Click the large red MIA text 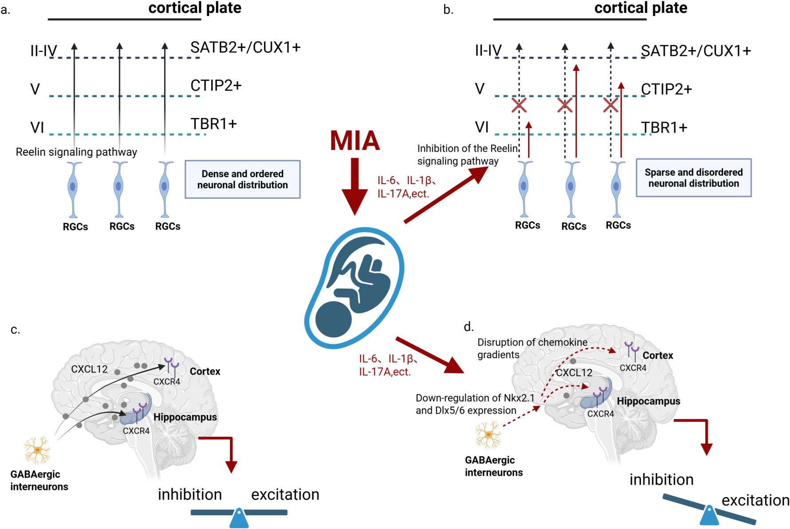point(355,141)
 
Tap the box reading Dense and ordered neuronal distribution point(242,179)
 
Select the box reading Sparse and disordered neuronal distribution point(693,178)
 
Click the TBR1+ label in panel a point(213,124)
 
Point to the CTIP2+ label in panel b point(666,89)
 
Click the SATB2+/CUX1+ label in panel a point(245,47)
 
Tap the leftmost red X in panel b point(519,105)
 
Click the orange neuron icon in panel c point(37,450)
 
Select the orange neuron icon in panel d point(488,435)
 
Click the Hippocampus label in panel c point(185,417)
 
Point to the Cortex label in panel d point(658,355)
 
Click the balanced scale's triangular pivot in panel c point(239,518)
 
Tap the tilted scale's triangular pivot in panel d point(709,516)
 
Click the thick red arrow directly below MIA point(355,186)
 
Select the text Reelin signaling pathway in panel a point(76,152)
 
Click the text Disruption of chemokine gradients point(532,348)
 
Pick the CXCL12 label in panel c point(89,369)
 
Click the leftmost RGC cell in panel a point(73,189)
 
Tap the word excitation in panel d point(755,500)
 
